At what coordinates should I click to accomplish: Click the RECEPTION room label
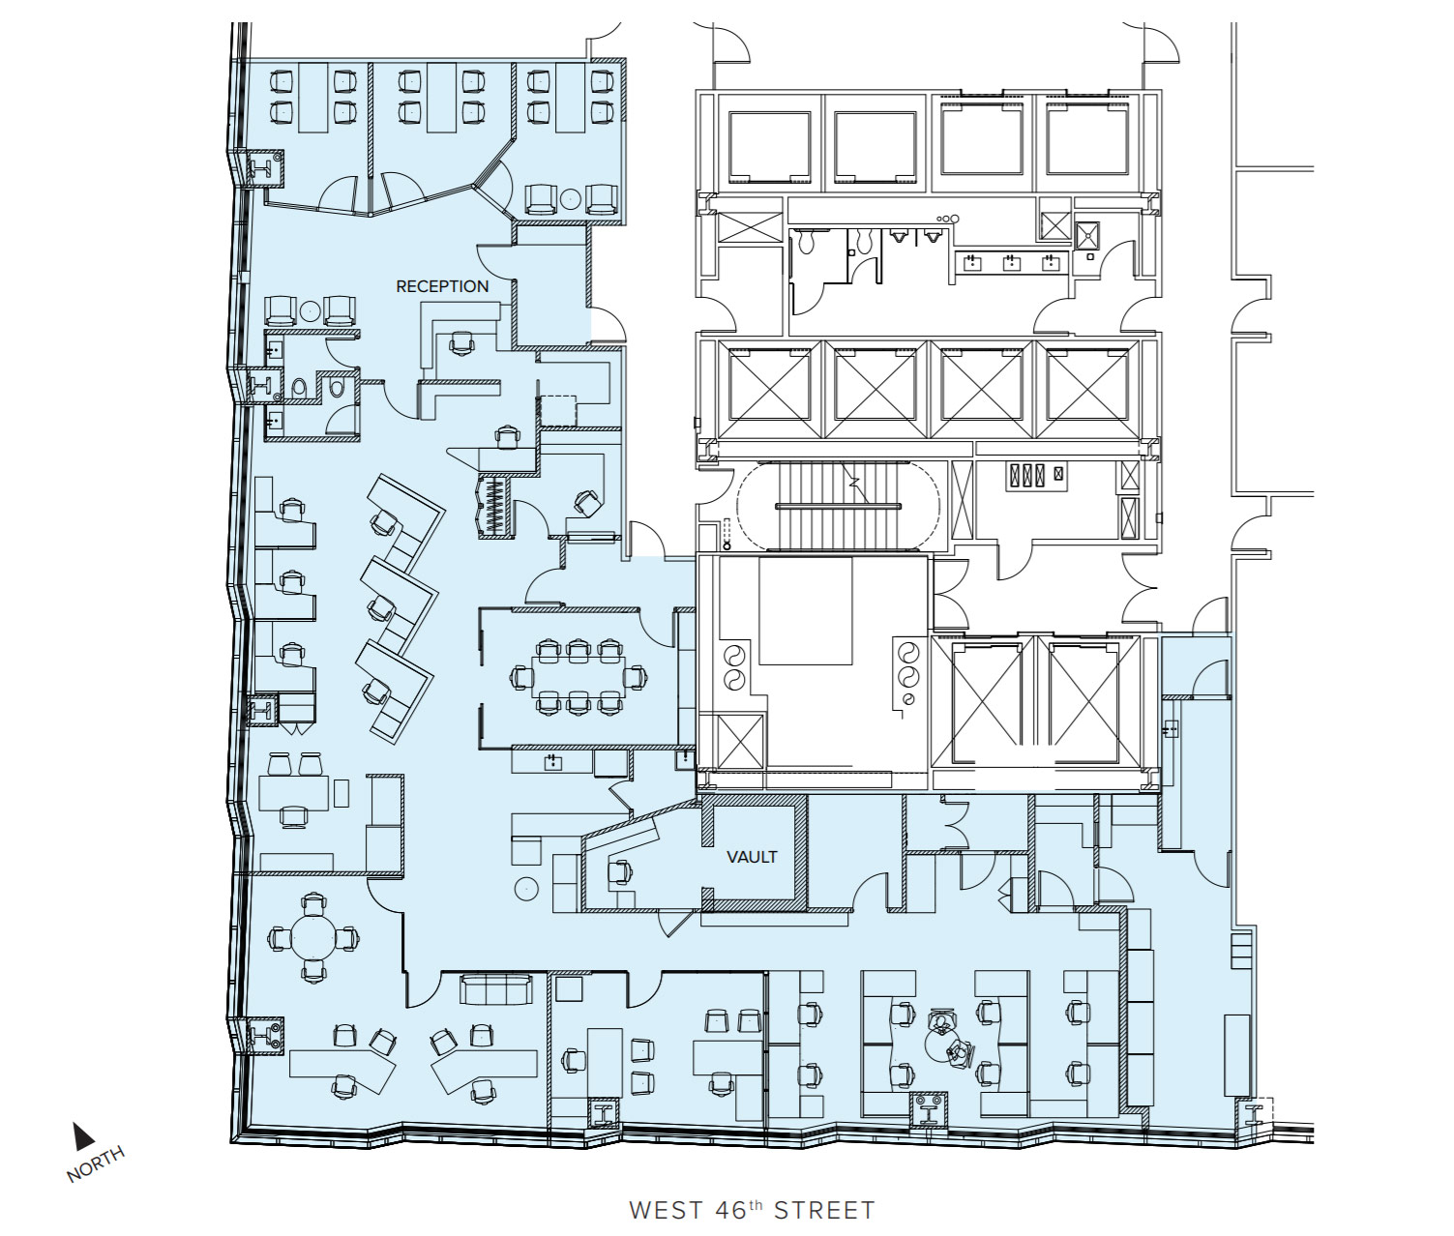(442, 286)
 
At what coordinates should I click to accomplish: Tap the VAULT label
(752, 856)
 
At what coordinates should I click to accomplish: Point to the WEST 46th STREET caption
(752, 1210)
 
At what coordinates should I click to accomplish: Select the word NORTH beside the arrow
(96, 1163)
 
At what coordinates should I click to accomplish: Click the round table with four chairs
(313, 936)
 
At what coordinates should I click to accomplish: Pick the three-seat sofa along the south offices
(496, 990)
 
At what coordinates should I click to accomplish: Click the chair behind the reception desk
(462, 343)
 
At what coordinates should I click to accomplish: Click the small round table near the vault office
(526, 889)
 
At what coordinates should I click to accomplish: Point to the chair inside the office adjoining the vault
(620, 871)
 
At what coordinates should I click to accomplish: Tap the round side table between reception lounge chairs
(311, 309)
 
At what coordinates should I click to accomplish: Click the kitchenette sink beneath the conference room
(553, 761)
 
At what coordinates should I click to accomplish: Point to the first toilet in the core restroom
(807, 243)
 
